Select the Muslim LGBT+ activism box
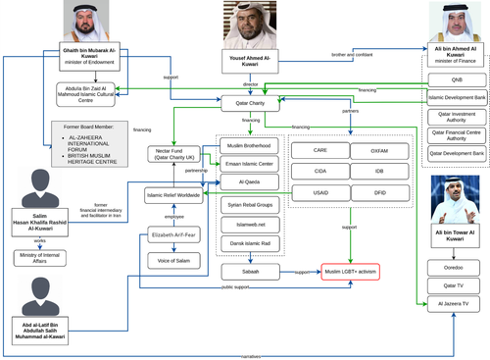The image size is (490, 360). [350, 270]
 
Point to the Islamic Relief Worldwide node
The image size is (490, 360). [173, 194]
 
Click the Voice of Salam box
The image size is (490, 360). [173, 260]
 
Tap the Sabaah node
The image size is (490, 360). [246, 270]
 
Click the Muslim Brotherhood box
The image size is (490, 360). [246, 145]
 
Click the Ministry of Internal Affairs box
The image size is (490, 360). [41, 257]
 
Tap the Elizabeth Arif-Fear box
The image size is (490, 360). [173, 235]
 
